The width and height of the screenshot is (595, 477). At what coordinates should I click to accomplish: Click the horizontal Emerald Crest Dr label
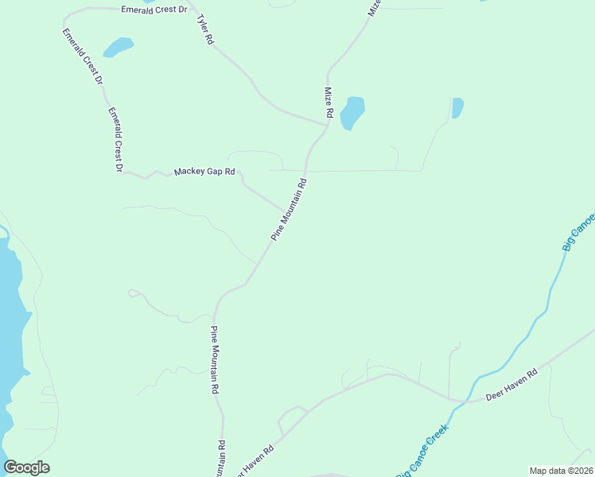coord(154,10)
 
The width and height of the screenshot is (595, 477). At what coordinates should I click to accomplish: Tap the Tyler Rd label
coord(205,28)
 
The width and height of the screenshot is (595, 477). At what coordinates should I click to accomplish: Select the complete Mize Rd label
coord(328,103)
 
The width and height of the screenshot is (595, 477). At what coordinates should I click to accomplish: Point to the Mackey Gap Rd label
coord(205,171)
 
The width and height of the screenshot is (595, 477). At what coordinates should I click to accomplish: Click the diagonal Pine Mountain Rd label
coord(288,210)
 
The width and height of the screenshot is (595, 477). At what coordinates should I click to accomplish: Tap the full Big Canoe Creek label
coord(422,451)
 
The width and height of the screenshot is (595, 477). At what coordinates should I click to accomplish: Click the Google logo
coord(26,467)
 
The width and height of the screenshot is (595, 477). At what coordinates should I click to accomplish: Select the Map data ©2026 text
coord(561,471)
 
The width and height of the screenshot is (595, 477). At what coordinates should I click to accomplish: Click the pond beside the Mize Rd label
coord(352,112)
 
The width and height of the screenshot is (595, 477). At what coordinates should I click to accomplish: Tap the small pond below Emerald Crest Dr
coord(119,47)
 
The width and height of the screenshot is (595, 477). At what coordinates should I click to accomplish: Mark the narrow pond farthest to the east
coord(457,107)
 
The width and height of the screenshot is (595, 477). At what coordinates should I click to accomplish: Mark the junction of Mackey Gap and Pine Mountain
coord(284,212)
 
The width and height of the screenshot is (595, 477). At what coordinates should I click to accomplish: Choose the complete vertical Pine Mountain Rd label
coord(214,360)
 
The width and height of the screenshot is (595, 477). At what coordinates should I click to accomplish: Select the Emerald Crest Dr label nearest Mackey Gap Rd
coord(115,139)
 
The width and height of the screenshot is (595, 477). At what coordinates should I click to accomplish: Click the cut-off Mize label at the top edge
coord(374,8)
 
